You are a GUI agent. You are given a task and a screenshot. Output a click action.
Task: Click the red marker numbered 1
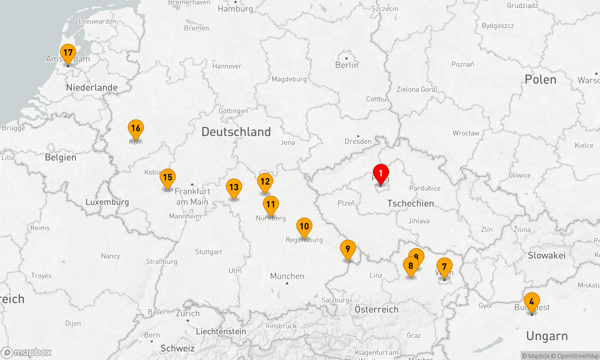point(381,173)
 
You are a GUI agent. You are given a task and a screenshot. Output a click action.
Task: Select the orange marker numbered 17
point(68,53)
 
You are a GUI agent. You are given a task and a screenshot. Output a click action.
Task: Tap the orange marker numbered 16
point(136,128)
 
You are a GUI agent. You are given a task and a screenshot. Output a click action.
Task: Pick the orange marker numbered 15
point(168,178)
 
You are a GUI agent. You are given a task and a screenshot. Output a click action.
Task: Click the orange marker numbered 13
point(234,187)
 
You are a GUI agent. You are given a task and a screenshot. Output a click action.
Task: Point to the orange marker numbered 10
point(304,226)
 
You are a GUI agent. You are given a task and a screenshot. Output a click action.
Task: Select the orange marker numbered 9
point(348,249)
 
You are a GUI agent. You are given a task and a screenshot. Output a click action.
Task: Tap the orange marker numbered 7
point(444,267)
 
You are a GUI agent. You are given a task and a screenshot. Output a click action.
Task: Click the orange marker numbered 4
point(532,301)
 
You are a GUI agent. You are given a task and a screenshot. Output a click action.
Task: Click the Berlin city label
point(347,65)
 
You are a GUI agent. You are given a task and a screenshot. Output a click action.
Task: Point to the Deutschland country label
point(236,132)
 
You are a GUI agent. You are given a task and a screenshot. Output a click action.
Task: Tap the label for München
point(287,276)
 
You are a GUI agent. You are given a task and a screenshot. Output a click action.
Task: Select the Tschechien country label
point(410,203)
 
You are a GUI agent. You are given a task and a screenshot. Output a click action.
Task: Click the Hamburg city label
point(235,9)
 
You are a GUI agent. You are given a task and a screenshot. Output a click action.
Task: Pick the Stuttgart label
point(208,252)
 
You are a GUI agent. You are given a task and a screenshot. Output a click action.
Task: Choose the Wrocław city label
point(466,133)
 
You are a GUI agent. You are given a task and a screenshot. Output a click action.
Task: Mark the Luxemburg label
point(107,202)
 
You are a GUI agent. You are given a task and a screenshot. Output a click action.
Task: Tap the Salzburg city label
point(335,300)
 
